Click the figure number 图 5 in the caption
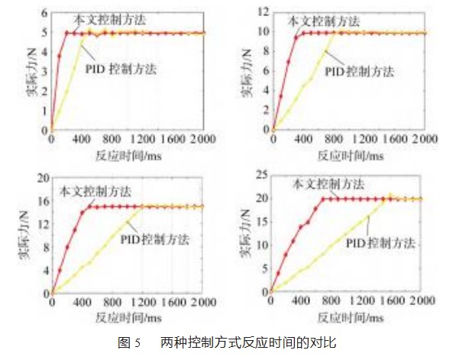point(127,343)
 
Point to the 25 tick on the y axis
point(260,177)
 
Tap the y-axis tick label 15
point(260,222)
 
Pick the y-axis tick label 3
point(44,72)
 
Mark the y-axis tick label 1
point(44,110)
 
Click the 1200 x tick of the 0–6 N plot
point(140,141)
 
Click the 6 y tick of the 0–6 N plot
point(44,14)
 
